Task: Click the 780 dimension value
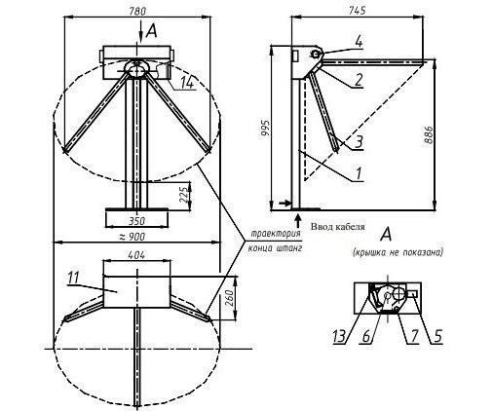137,11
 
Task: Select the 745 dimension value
358,11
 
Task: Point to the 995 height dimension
265,129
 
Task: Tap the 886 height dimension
429,134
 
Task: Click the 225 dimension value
184,195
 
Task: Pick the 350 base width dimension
136,221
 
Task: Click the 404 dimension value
136,255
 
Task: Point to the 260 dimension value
229,298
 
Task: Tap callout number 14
187,83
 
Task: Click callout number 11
73,279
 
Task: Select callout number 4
359,42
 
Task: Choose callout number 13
339,336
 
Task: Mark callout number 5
438,336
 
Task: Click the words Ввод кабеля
338,227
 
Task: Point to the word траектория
277,234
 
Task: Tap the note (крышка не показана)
398,252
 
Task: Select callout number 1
359,173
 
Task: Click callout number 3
359,142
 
